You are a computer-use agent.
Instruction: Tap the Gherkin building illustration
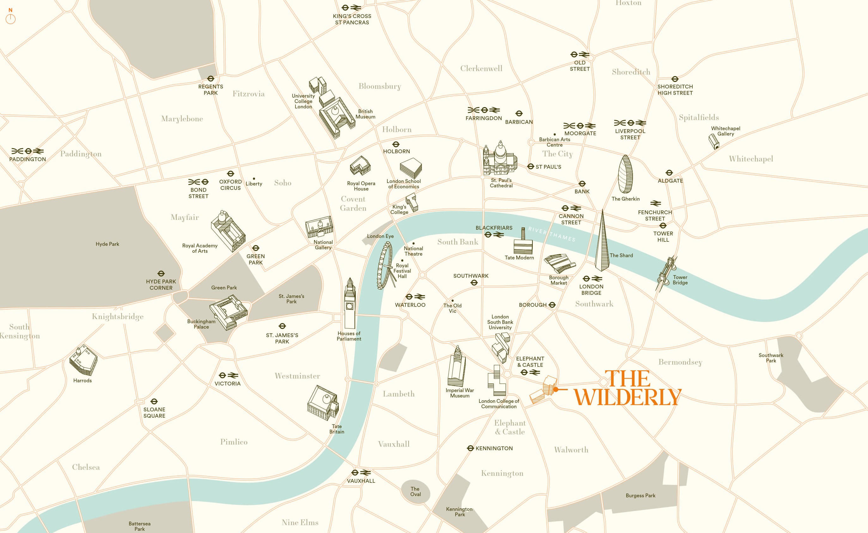625,174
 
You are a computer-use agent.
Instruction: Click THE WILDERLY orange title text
628,388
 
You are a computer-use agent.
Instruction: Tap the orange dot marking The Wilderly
555,390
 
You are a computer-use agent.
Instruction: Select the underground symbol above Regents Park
210,79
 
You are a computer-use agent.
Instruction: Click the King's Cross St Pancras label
352,19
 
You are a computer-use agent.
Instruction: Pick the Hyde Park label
107,244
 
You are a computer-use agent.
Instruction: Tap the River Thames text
552,234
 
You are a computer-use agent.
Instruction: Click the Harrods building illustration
83,360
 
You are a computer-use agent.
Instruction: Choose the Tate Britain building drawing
323,403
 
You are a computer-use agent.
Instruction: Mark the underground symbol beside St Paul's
531,167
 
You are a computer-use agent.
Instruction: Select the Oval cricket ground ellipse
415,491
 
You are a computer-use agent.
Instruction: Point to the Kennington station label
494,448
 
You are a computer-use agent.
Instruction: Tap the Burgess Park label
640,496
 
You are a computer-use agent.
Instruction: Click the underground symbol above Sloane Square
154,401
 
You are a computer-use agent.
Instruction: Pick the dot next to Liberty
254,179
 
